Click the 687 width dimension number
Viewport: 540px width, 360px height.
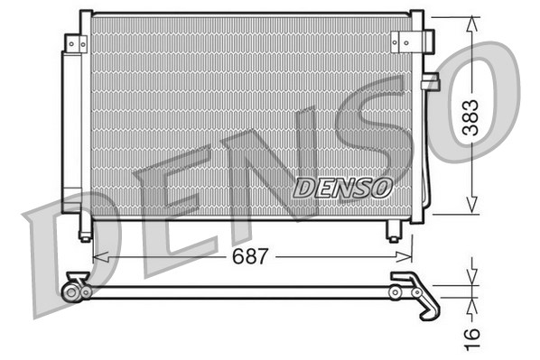coord(250,256)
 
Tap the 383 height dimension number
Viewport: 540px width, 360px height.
coord(470,116)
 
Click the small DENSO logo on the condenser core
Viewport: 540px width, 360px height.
coord(342,188)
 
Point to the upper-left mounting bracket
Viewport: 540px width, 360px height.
coord(77,42)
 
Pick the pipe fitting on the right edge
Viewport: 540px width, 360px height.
coord(429,82)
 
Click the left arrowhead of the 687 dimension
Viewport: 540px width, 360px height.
coord(98,256)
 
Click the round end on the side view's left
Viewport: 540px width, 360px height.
coord(70,291)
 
